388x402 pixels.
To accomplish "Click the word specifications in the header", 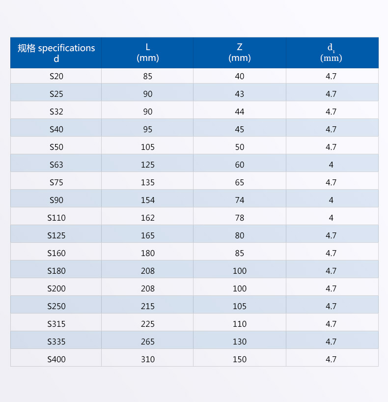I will [x=66, y=48].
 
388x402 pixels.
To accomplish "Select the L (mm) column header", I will [x=148, y=53].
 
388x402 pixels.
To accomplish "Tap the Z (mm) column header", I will [x=240, y=53].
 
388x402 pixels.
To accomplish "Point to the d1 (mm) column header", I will [x=331, y=53].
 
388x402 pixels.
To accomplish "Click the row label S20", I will [x=56, y=76].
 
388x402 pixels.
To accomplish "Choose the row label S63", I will [x=56, y=165].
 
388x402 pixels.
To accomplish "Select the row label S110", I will [x=56, y=218].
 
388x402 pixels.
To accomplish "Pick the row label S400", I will [x=56, y=359].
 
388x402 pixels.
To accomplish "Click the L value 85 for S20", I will [x=148, y=76].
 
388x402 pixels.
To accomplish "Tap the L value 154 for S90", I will [x=148, y=200].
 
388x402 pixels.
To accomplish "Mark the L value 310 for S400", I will [x=148, y=359].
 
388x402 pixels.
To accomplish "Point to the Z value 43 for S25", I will [x=240, y=94].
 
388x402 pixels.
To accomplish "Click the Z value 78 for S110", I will [x=240, y=218].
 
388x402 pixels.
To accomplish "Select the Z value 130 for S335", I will [x=240, y=342].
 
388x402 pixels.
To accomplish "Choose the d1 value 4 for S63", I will [x=331, y=165].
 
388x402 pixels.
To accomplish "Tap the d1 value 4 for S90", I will [x=331, y=200].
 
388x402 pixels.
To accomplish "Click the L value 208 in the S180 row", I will [x=148, y=271].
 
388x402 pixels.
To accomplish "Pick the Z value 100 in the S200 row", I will [x=240, y=288].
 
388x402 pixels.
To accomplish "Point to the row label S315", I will [x=56, y=324].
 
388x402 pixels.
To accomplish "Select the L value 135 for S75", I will [x=148, y=182].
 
